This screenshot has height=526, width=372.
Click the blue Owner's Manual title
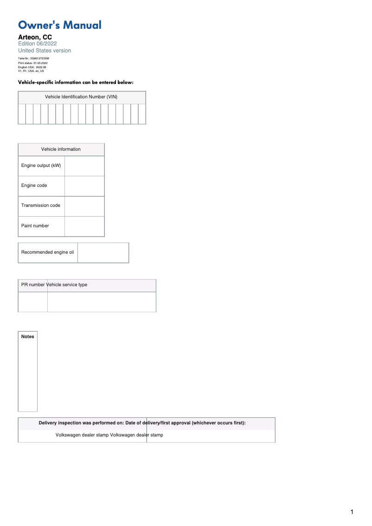pyautogui.click(x=59, y=25)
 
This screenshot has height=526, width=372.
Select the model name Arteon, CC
pyautogui.click(x=35, y=37)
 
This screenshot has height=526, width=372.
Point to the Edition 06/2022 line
pyautogui.click(x=37, y=44)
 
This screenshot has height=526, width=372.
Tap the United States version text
pyautogui.click(x=45, y=51)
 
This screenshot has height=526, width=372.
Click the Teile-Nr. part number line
pyautogui.click(x=33, y=58)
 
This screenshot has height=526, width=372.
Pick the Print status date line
pyautogui.click(x=32, y=63)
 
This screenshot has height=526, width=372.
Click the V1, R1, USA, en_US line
pyautogui.click(x=31, y=71)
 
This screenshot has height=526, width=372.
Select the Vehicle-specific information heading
pyautogui.click(x=76, y=82)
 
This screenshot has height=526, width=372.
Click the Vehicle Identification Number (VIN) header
pyautogui.click(x=81, y=97)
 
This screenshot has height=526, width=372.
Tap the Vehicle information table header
pyautogui.click(x=61, y=149)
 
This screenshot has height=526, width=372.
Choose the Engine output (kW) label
pyautogui.click(x=41, y=166)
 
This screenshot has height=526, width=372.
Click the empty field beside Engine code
pyautogui.click(x=84, y=186)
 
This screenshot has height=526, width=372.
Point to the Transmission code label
pyautogui.click(x=41, y=205)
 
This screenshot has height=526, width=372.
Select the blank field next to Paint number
pyautogui.click(x=84, y=226)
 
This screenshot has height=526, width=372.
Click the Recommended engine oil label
pyautogui.click(x=47, y=252)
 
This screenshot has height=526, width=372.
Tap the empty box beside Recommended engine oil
pyautogui.click(x=103, y=253)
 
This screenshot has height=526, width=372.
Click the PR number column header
pyautogui.click(x=32, y=285)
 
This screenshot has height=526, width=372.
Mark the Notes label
pyautogui.click(x=28, y=337)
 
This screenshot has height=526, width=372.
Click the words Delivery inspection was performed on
pyautogui.click(x=81, y=423)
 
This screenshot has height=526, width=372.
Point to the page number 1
pyautogui.click(x=352, y=512)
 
